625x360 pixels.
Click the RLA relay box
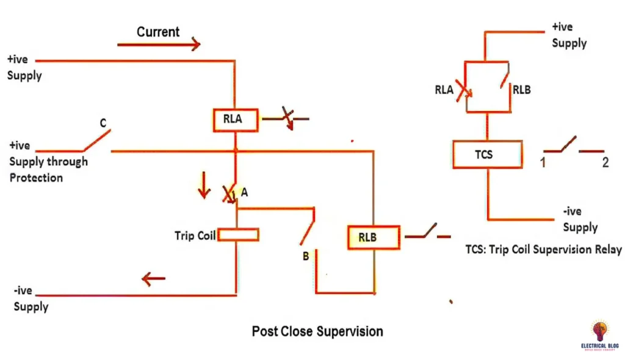tap(235, 120)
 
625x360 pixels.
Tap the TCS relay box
tap(487, 155)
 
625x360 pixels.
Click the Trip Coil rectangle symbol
tap(238, 235)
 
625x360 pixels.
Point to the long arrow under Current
tap(159, 44)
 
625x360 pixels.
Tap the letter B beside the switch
tap(305, 256)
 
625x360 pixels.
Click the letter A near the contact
tap(244, 192)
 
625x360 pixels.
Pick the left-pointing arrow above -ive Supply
tap(153, 279)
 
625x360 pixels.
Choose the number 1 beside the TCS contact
tap(541, 163)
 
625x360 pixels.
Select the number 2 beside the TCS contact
tap(605, 163)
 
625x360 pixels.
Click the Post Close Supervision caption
tap(317, 331)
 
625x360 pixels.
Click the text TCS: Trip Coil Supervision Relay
tap(543, 250)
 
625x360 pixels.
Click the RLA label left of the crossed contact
tap(444, 90)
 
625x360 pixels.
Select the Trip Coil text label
tap(195, 236)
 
